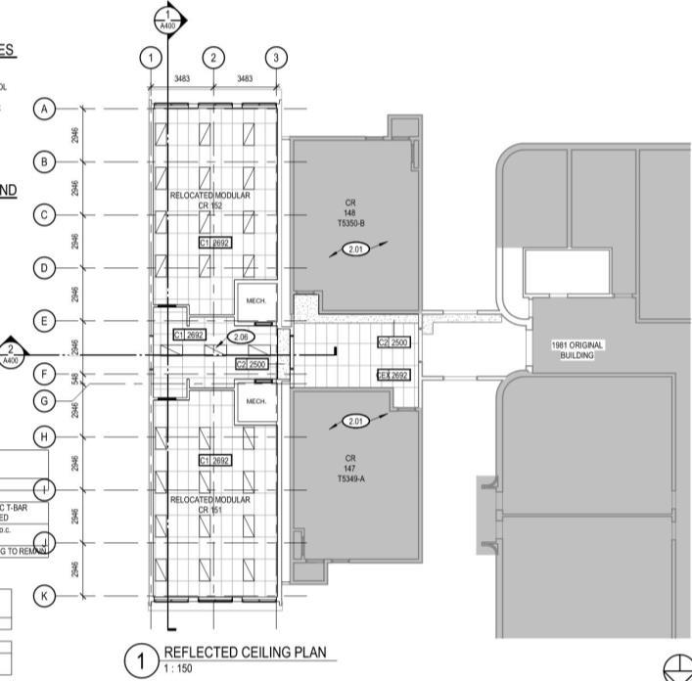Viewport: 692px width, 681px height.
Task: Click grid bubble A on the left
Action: tap(44, 109)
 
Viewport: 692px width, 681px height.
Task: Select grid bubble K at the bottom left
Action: tap(44, 595)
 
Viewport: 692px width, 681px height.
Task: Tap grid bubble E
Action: tap(44, 321)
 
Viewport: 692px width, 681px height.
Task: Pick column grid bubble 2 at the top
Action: tap(213, 58)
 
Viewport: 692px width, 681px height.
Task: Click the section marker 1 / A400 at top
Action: tap(169, 18)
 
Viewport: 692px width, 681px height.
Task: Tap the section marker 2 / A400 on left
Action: tap(11, 354)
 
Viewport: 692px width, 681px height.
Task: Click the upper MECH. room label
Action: tap(256, 300)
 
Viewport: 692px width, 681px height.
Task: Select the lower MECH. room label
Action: tap(256, 401)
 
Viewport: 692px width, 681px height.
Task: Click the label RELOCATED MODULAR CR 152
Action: tap(210, 201)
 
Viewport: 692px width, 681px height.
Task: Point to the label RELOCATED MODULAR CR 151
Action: tap(210, 505)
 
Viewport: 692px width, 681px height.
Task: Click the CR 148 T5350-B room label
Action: tap(350, 212)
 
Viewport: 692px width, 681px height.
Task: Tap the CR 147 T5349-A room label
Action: tap(350, 468)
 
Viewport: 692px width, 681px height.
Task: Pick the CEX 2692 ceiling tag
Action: tap(392, 375)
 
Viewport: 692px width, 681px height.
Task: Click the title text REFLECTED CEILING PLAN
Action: tap(244, 653)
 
